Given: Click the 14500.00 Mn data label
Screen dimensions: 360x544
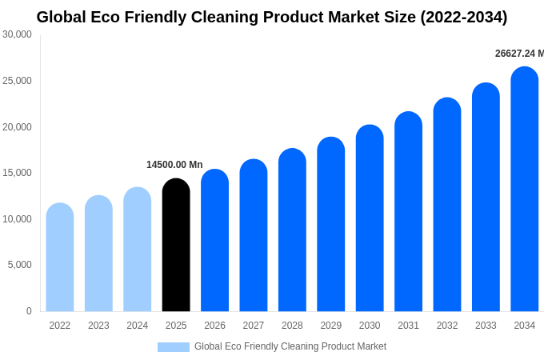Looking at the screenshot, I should click(174, 165).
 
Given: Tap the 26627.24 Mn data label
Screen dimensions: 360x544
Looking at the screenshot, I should click(519, 54).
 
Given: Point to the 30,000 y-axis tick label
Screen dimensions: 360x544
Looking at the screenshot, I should click(17, 34).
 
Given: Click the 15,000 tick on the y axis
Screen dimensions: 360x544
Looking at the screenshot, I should click(17, 173).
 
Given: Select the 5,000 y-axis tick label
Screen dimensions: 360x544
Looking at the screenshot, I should click(19, 265).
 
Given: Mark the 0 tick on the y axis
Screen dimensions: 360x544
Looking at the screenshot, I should click(29, 311).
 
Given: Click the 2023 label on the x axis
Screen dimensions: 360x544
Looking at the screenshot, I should click(98, 326).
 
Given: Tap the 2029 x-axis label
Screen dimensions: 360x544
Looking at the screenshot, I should click(331, 326).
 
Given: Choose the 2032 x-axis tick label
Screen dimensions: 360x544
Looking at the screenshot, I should click(447, 326).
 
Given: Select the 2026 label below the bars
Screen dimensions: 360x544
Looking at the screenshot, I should click(214, 326).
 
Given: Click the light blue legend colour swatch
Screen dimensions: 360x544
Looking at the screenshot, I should click(174, 347).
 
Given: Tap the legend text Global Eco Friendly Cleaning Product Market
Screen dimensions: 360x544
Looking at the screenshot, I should click(290, 346).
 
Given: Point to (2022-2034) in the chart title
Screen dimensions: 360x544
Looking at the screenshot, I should click(464, 17).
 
